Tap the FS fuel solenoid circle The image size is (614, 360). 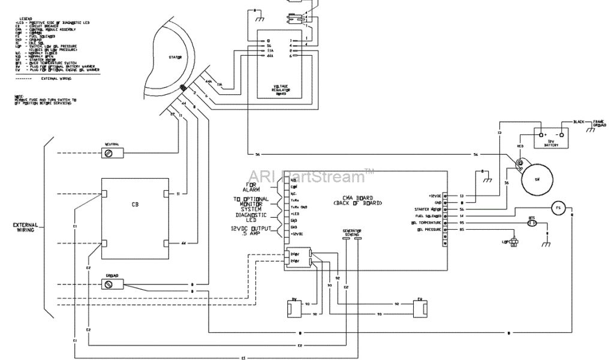point(557,208)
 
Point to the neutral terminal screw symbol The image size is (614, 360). point(109,154)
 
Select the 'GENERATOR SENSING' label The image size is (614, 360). point(351,232)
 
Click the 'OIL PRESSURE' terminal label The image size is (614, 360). point(429,230)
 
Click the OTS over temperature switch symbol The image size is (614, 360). point(532,223)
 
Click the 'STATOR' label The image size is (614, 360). point(175,57)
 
